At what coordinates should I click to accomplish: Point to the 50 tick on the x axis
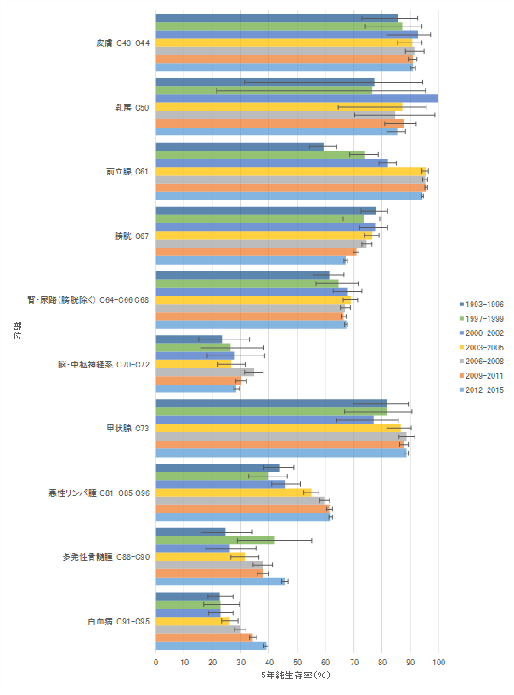click(297, 661)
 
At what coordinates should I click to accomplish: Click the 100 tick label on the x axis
click(438, 661)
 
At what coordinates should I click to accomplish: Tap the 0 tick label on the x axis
click(156, 661)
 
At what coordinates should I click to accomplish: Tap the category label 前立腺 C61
click(127, 171)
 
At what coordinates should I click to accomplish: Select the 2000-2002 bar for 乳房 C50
click(297, 99)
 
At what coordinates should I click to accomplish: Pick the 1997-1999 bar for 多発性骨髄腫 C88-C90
click(215, 540)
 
